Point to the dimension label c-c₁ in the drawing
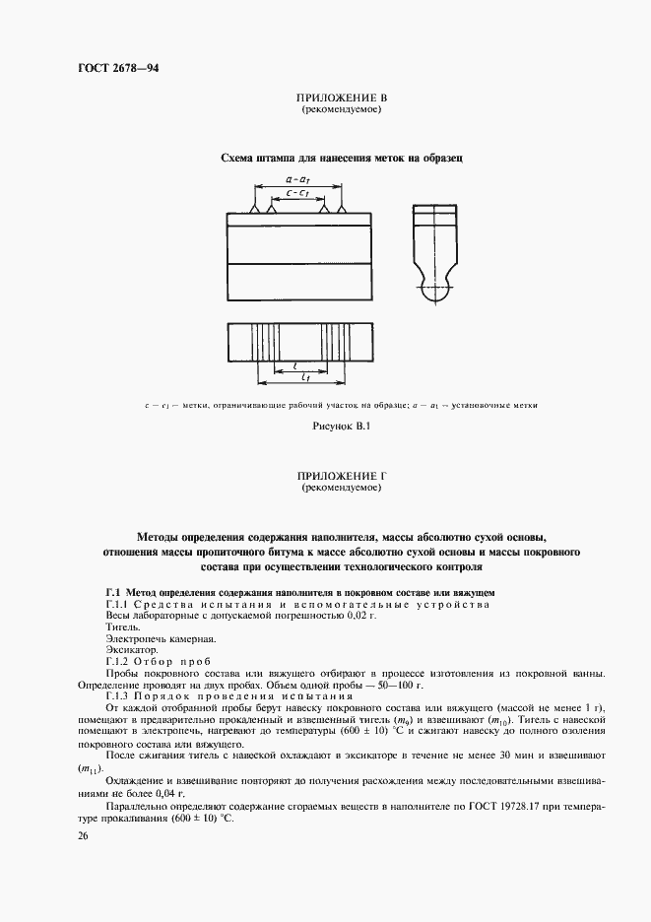[298, 195]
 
